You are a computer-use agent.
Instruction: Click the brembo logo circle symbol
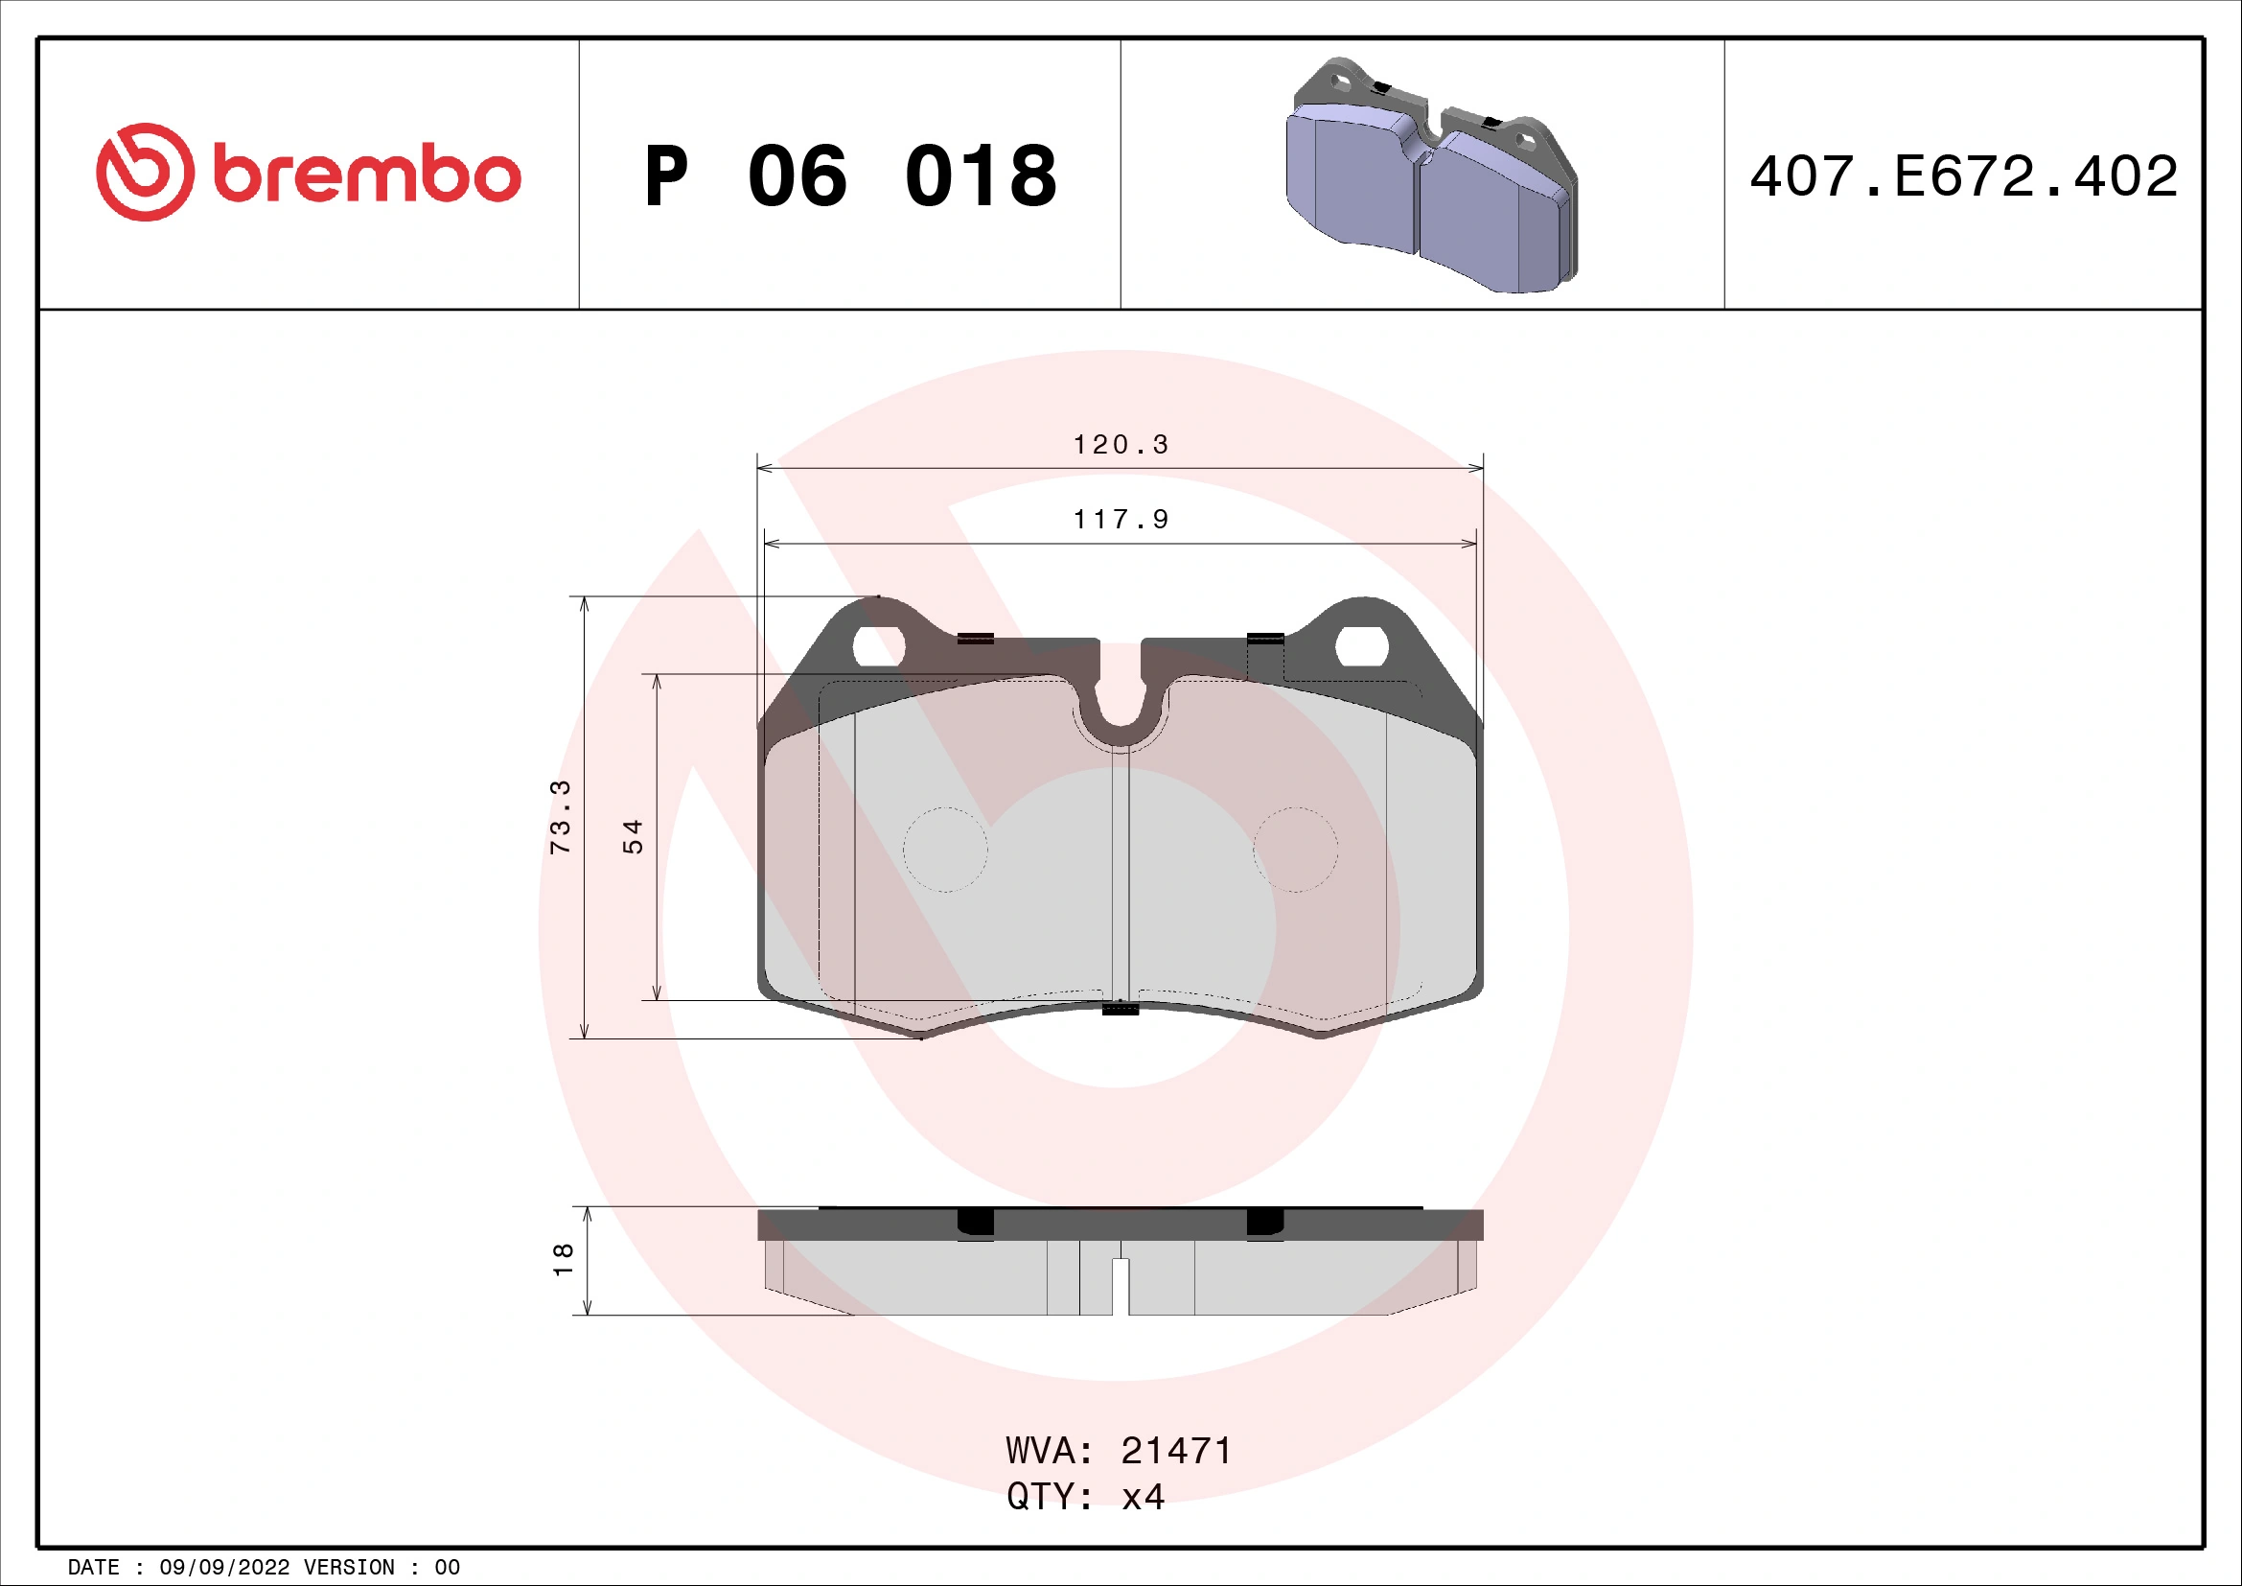(145, 172)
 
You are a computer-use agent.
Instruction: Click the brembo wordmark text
(366, 175)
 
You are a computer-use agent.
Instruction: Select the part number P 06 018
(849, 176)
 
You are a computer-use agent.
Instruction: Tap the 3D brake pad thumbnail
(1430, 176)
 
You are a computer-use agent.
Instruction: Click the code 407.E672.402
(1964, 176)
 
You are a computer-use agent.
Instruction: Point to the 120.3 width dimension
(1120, 445)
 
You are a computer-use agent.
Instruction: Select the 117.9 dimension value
(1120, 520)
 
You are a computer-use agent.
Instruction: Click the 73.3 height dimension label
(561, 817)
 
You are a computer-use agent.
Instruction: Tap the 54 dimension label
(633, 837)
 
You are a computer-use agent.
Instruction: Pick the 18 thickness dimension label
(563, 1260)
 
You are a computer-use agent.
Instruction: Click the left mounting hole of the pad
(879, 646)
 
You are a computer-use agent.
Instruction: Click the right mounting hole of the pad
(1361, 646)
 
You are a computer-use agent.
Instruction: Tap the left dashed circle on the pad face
(945, 850)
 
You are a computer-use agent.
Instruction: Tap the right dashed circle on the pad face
(1296, 850)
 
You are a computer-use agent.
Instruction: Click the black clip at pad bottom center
(1120, 1009)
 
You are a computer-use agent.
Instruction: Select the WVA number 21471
(1176, 1451)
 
